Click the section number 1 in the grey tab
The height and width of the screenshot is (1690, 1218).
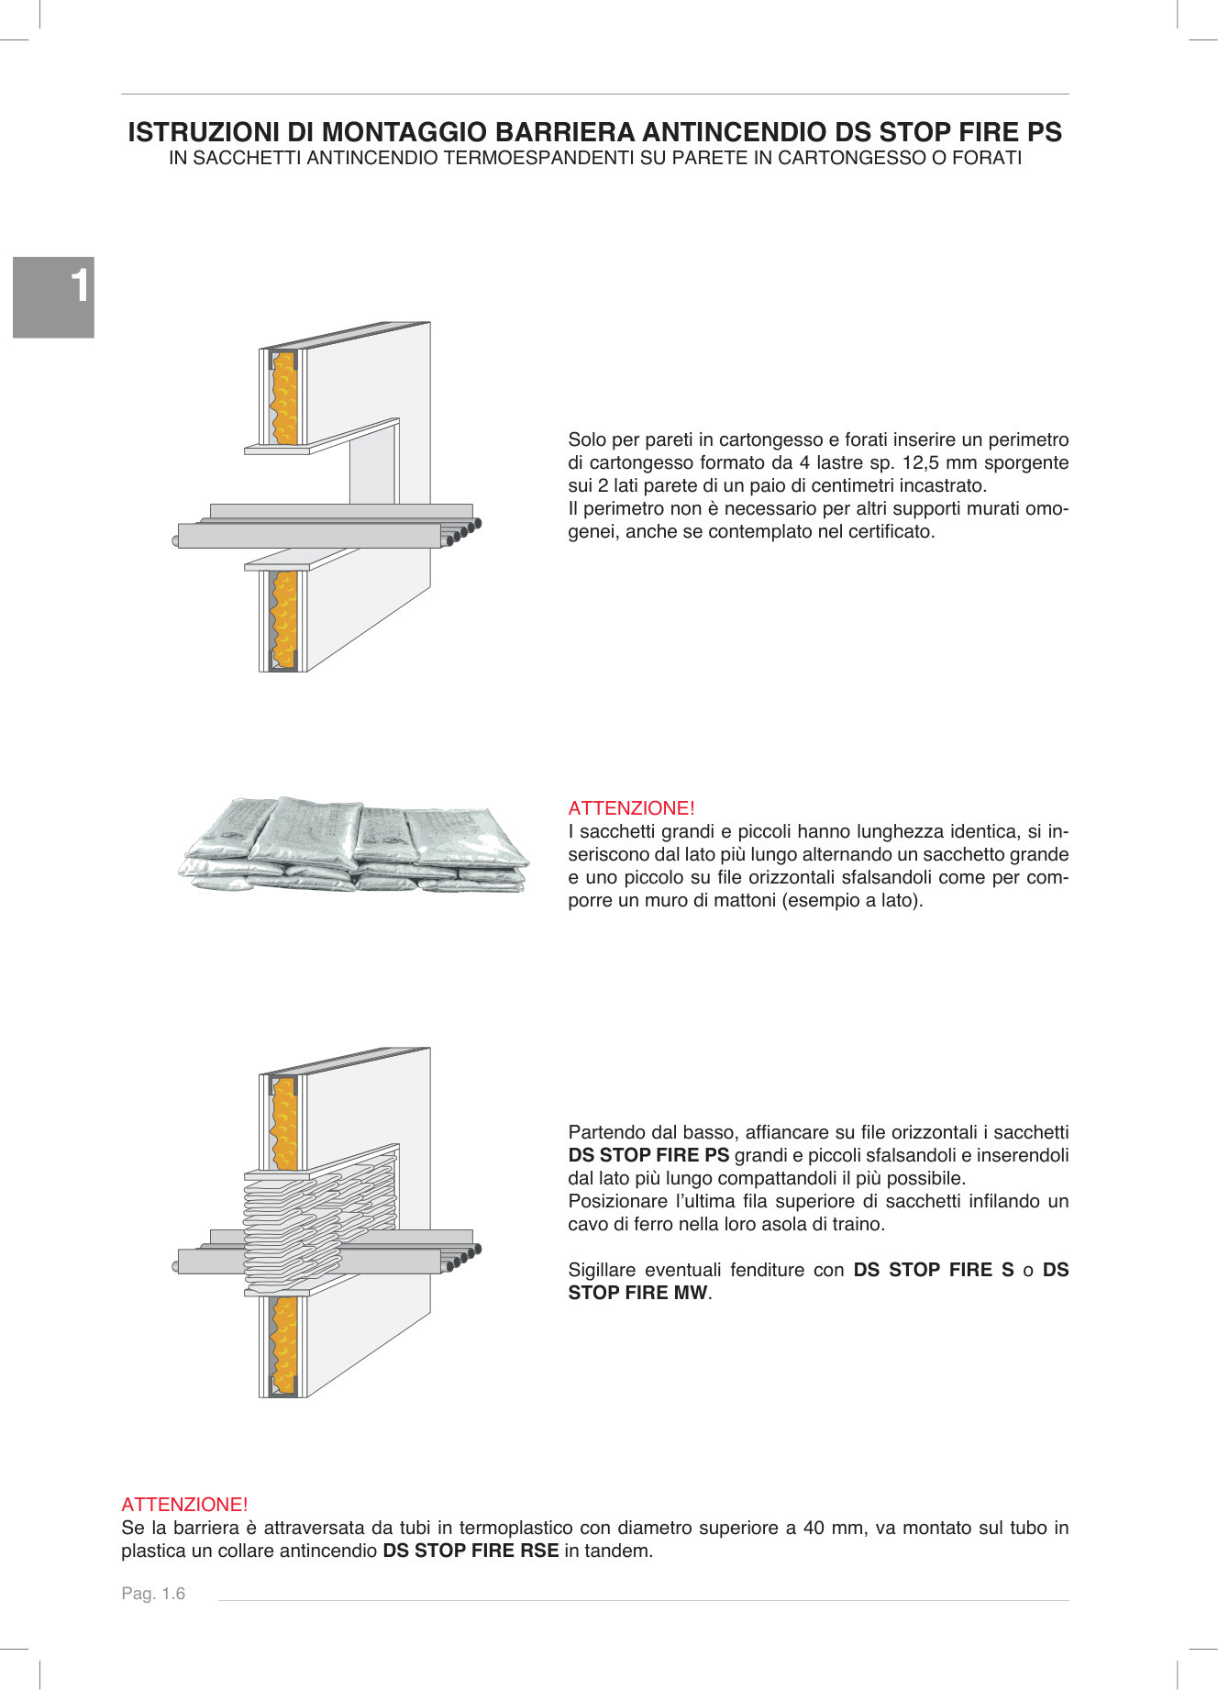[x=81, y=285]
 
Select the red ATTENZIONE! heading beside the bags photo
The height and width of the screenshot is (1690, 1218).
[x=631, y=808]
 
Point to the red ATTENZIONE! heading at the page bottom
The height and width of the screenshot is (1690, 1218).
[x=184, y=1505]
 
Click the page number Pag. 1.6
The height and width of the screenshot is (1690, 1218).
[x=153, y=1594]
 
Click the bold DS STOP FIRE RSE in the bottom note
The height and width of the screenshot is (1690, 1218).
[x=471, y=1551]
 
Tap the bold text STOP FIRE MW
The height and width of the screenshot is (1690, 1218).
[x=638, y=1293]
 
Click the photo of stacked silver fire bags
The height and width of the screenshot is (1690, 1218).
[x=353, y=844]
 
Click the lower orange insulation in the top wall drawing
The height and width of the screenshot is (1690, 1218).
[x=284, y=619]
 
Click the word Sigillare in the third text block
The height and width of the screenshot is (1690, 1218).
[x=601, y=1270]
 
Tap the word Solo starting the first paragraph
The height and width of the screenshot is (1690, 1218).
[x=587, y=439]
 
